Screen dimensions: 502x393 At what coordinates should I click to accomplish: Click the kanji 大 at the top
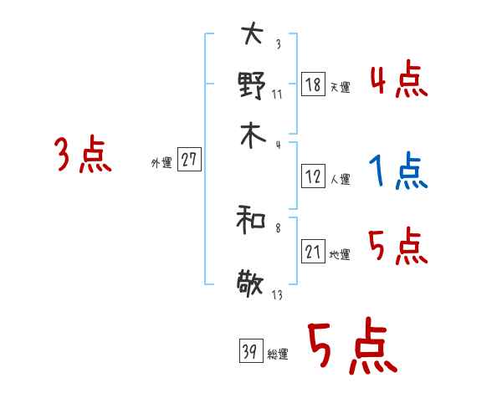click(251, 34)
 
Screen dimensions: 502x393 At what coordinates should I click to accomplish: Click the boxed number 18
click(313, 84)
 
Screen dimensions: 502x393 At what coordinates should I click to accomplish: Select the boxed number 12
click(313, 176)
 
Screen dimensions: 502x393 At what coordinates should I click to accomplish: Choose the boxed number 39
click(249, 352)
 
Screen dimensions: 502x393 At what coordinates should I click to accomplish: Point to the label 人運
click(340, 179)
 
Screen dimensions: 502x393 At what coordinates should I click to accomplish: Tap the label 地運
click(340, 255)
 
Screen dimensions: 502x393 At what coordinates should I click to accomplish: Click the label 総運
click(277, 355)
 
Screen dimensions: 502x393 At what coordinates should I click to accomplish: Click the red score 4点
click(398, 82)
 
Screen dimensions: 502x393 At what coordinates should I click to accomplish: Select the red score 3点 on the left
click(83, 156)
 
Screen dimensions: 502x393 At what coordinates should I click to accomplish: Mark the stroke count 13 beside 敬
click(277, 295)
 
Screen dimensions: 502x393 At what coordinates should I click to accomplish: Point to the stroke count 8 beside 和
click(277, 227)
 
